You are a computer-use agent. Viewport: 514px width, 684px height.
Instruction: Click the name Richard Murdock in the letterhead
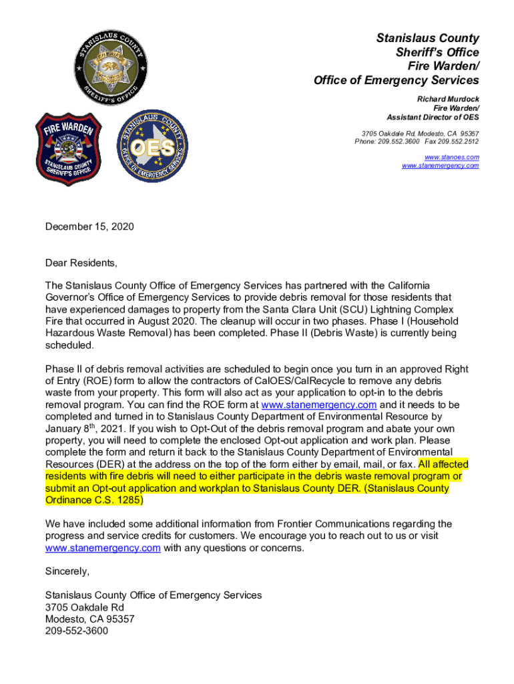pos(448,99)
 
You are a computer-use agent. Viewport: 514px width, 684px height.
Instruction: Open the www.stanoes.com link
pos(451,157)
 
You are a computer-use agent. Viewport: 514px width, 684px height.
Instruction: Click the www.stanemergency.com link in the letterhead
pos(440,166)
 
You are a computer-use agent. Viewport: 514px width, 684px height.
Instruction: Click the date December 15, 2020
pos(89,227)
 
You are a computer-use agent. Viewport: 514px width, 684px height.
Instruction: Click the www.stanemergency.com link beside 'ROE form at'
pos(319,405)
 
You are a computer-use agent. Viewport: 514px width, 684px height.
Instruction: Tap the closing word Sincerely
pos(67,572)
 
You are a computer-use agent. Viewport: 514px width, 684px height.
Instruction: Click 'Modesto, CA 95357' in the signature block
pos(89,619)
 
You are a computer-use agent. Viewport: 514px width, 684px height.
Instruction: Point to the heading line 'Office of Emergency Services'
pos(396,80)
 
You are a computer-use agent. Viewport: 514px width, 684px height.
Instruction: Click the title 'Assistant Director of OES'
pos(433,118)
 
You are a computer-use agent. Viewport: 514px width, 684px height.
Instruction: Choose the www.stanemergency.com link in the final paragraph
pos(103,548)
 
